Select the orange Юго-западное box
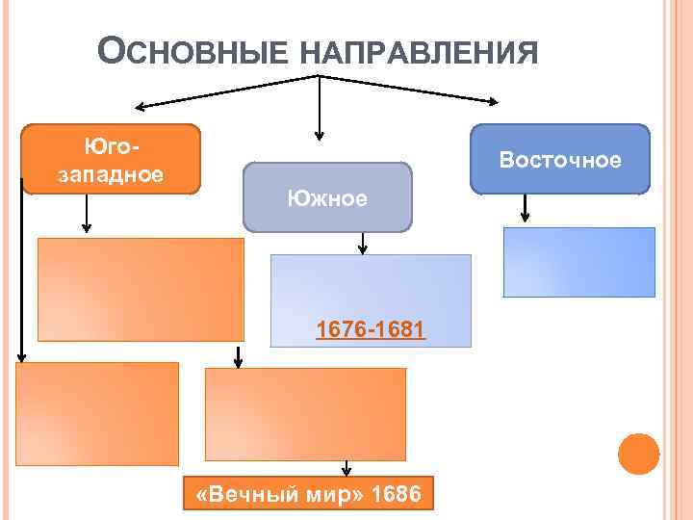tap(112, 159)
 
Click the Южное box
tap(327, 198)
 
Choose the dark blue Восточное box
tap(559, 159)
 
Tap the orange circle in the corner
tap(637, 454)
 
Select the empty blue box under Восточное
tap(579, 261)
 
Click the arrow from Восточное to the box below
tap(525, 207)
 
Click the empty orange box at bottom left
tap(97, 413)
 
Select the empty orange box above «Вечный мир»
tap(305, 415)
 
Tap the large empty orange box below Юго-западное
tap(141, 289)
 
